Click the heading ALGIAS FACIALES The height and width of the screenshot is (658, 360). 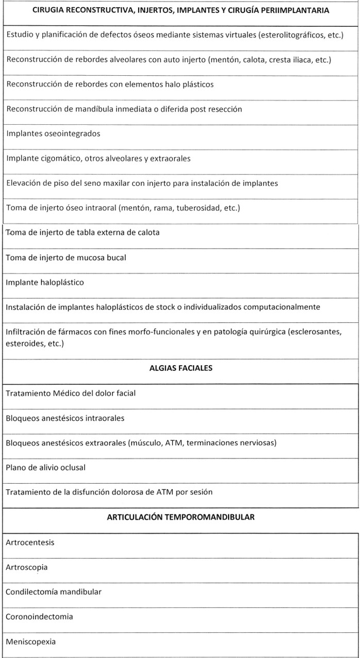point(181,368)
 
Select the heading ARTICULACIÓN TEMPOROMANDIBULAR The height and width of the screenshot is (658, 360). point(181,517)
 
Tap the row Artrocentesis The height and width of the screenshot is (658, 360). point(30,542)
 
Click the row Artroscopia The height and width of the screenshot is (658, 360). point(27,567)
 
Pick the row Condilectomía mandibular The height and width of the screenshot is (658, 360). point(54,591)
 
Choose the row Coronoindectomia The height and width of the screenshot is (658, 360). point(39,617)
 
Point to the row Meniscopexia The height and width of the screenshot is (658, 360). point(30,641)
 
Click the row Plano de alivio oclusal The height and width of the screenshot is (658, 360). point(45,467)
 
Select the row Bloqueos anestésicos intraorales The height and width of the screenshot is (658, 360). point(65,418)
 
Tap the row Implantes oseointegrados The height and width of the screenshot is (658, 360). point(46,134)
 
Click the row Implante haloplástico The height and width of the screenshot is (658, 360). point(44,282)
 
